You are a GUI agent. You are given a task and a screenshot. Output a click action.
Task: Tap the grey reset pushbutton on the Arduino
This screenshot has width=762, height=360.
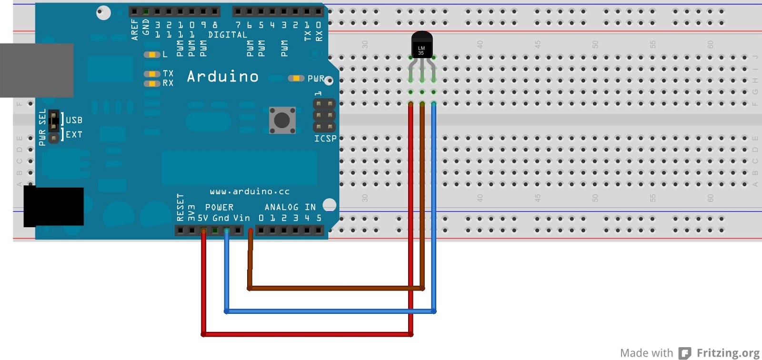point(282,120)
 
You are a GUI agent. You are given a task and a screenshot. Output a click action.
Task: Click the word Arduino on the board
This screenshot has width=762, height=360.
point(222,77)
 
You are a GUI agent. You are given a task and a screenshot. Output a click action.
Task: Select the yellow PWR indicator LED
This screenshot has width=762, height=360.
point(296,78)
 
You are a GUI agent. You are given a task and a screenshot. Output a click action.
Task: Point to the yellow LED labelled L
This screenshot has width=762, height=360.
point(151,55)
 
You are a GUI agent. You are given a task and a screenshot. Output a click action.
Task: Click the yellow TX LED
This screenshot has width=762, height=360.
point(151,74)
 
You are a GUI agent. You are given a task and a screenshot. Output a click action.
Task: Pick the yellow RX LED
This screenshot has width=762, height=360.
point(151,84)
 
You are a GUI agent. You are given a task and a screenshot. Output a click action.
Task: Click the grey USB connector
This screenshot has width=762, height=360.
point(37,70)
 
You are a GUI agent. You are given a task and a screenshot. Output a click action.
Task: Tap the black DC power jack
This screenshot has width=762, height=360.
point(53,206)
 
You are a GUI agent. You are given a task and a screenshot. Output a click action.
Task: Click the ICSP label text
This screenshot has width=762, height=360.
point(325,139)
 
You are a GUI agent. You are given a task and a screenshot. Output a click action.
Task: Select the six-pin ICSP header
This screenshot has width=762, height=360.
point(324,115)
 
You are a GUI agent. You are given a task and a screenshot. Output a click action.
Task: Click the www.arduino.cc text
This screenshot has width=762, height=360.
point(250,191)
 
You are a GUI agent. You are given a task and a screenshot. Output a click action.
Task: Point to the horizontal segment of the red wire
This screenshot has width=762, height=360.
point(307,334)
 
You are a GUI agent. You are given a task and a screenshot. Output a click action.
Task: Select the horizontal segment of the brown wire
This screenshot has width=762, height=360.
point(336,288)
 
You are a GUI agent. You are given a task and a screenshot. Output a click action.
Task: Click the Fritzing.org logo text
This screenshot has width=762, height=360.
point(728,353)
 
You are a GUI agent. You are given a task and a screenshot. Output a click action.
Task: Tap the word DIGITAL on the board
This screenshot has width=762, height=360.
point(228,35)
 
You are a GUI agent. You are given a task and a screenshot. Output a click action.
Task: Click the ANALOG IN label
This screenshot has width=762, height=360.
point(290,207)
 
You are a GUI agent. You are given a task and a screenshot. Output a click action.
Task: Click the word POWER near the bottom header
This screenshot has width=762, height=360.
point(219,208)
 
